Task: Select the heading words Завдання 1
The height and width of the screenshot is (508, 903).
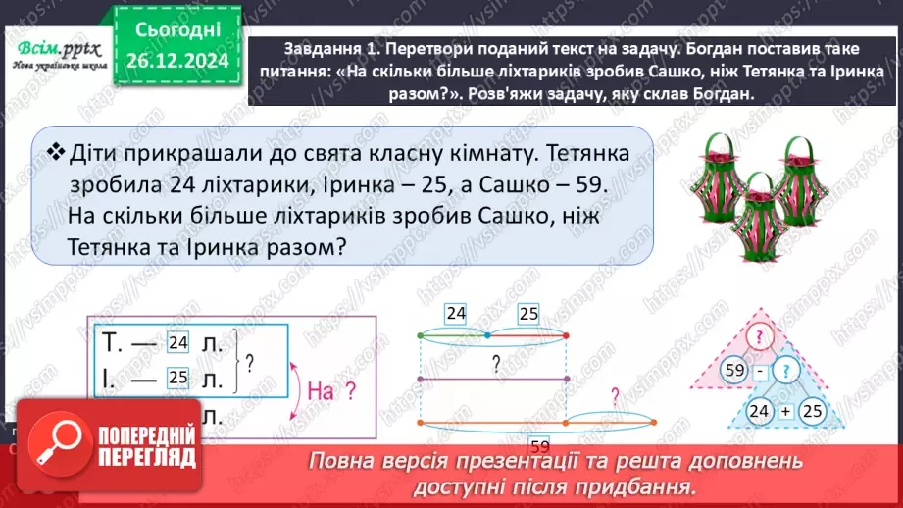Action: pyautogui.click(x=326, y=48)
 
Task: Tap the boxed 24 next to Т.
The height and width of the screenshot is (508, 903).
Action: pyautogui.click(x=177, y=343)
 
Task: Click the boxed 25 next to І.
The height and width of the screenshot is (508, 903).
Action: pyautogui.click(x=177, y=376)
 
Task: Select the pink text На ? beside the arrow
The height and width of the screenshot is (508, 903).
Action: pyautogui.click(x=331, y=391)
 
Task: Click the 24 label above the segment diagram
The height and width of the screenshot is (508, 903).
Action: pyautogui.click(x=456, y=314)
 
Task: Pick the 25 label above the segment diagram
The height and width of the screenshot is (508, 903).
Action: pyautogui.click(x=528, y=314)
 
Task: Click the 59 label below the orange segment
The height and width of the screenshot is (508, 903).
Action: pyautogui.click(x=538, y=443)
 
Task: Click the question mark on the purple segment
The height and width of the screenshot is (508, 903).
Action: pyautogui.click(x=497, y=362)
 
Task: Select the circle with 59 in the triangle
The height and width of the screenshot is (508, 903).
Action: pyautogui.click(x=736, y=373)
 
